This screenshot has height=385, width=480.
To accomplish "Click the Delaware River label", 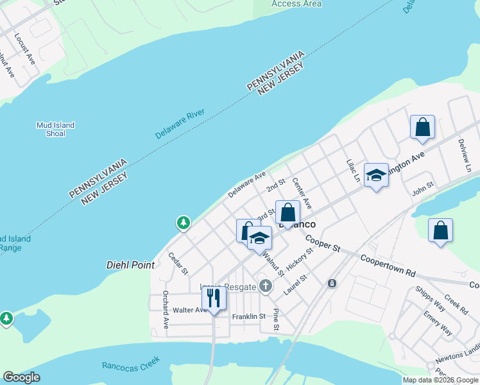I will click(180, 124).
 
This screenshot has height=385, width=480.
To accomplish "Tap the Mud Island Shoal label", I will click(55, 130).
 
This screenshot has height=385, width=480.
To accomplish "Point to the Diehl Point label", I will click(126, 264).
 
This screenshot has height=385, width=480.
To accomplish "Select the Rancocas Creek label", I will click(130, 365).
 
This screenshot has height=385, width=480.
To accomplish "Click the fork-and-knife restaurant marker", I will click(214, 298).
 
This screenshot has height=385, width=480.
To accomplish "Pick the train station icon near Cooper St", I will click(332, 283).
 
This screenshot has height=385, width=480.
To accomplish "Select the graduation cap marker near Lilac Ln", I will click(376, 175).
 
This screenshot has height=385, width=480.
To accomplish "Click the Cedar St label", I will click(178, 264).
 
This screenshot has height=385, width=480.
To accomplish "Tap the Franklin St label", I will click(249, 316).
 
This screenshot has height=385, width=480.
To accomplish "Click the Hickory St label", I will click(300, 259).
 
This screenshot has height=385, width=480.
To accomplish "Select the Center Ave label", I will click(302, 193).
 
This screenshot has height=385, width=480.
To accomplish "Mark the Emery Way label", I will click(438, 323).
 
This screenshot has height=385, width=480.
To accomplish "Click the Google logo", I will click(21, 377).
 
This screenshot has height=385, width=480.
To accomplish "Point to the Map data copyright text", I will click(440, 380).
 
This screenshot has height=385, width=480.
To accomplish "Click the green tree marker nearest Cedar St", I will click(184, 223).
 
